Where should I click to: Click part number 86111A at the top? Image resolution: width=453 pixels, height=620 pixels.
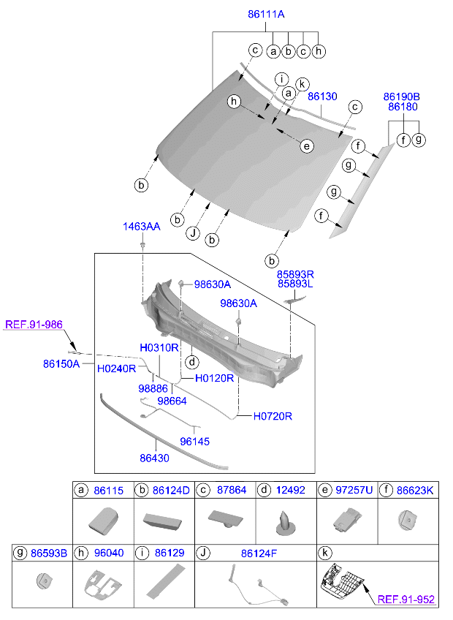click(265, 14)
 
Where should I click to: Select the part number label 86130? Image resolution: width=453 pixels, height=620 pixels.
click(322, 96)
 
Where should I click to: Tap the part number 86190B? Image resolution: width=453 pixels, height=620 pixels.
click(402, 96)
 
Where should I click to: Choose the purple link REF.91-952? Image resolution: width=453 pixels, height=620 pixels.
click(406, 600)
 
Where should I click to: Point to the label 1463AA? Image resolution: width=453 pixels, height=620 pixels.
click(141, 227)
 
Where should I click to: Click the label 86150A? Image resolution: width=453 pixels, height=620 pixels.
click(61, 362)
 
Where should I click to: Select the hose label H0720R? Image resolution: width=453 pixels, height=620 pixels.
click(273, 416)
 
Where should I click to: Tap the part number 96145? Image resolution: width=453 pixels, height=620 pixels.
click(194, 442)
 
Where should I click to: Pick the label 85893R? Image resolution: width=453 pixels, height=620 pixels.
click(295, 273)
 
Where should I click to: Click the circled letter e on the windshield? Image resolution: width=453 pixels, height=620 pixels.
click(307, 146)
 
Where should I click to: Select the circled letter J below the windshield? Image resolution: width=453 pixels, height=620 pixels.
click(193, 234)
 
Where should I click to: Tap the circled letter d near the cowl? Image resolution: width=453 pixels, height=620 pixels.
click(191, 362)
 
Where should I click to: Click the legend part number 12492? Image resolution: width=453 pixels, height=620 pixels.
click(292, 491)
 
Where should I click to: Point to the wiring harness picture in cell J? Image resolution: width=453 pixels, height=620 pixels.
click(255, 585)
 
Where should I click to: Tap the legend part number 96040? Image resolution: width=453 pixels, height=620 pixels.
click(108, 553)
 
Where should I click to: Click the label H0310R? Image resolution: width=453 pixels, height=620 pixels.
click(159, 347)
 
